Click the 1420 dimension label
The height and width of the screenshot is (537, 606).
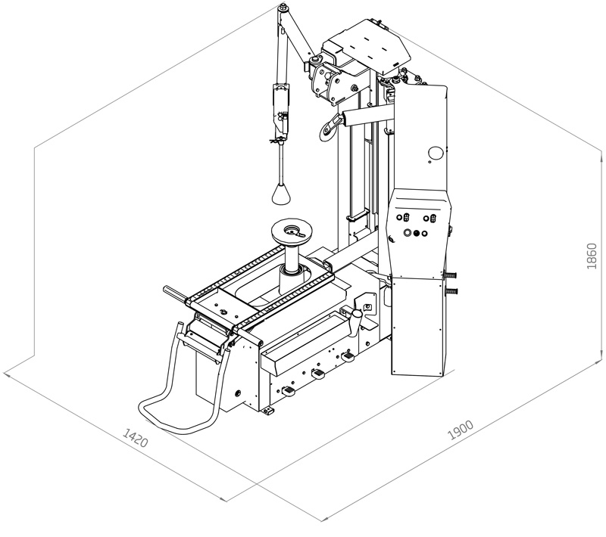point(136,437)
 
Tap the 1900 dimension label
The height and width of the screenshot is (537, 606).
point(461,430)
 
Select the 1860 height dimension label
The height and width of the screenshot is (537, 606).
point(592,256)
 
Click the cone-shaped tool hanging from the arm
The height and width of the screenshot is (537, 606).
point(281,194)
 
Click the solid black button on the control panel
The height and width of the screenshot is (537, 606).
point(416,234)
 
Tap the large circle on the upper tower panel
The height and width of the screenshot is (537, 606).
point(435,153)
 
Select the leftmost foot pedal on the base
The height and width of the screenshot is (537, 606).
point(289,391)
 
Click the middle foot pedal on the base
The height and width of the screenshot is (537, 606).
point(318,374)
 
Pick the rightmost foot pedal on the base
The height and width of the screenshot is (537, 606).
point(347,356)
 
